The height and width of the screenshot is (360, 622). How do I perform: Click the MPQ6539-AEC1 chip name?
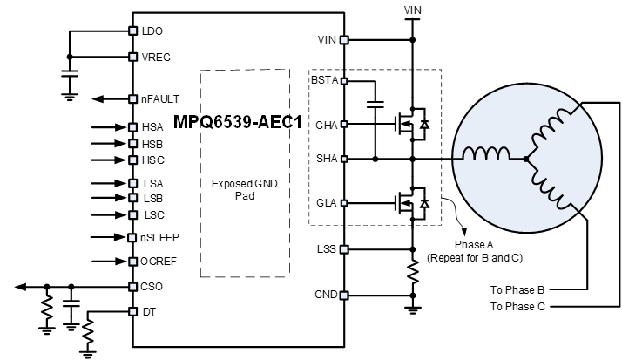(238, 122)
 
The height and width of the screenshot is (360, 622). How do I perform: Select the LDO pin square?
(133, 31)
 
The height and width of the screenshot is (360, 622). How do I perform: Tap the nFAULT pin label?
(160, 98)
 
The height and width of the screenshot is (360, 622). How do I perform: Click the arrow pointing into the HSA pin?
(109, 127)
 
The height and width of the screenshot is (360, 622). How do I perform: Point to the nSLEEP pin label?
(160, 237)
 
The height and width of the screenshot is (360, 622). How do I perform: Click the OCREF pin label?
(159, 262)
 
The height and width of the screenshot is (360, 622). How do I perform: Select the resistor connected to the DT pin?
(87, 329)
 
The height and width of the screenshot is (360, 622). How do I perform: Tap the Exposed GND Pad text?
(244, 190)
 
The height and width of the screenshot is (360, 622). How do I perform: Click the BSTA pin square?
(344, 81)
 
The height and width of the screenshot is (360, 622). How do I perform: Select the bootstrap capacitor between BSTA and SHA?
(375, 105)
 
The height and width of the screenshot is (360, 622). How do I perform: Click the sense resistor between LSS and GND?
(413, 272)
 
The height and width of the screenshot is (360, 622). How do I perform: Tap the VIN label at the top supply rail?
(413, 10)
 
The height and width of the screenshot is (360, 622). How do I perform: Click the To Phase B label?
(517, 290)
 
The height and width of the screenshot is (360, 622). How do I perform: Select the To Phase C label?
(517, 307)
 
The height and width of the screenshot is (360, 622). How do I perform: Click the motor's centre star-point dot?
(526, 160)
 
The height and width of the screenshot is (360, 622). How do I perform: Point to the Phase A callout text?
(475, 251)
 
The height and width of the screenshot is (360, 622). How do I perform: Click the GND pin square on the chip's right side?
(344, 295)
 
